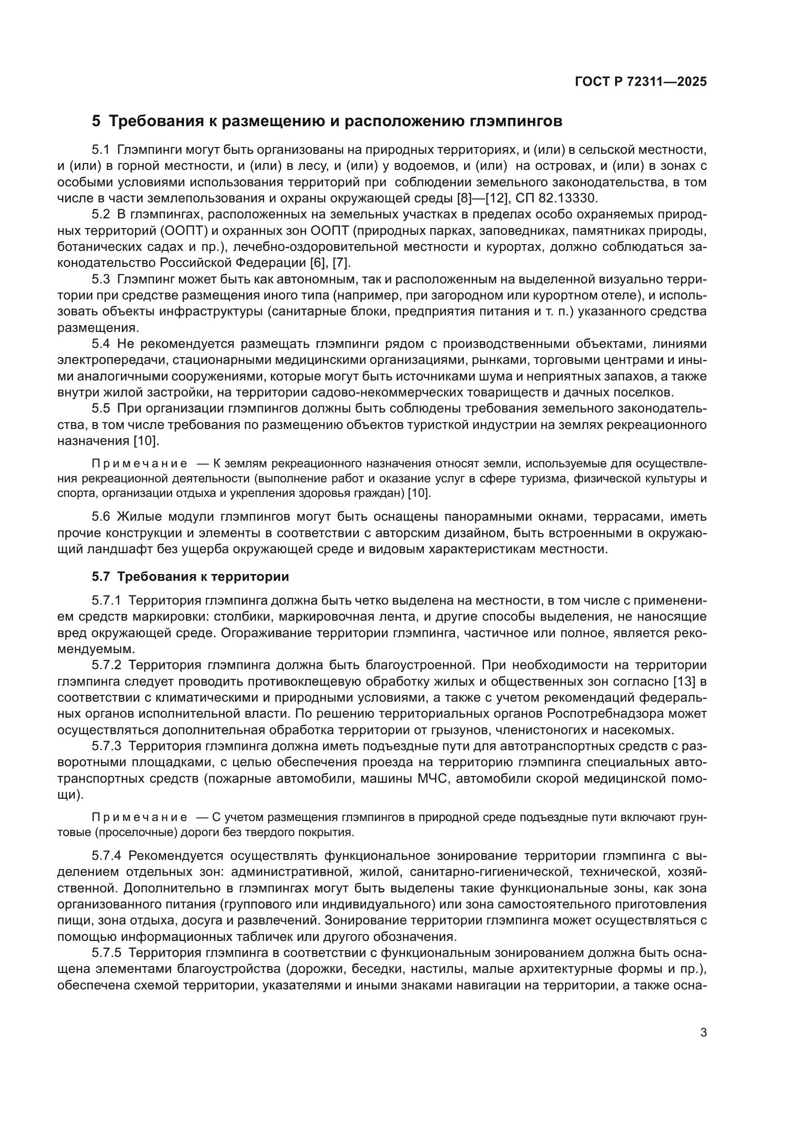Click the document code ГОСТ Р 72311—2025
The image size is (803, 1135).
pyautogui.click(x=641, y=82)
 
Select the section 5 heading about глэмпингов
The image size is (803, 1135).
pyautogui.click(x=327, y=121)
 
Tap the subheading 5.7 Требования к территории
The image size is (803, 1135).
pyautogui.click(x=190, y=576)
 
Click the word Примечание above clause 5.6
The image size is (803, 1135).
pyautogui.click(x=139, y=464)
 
